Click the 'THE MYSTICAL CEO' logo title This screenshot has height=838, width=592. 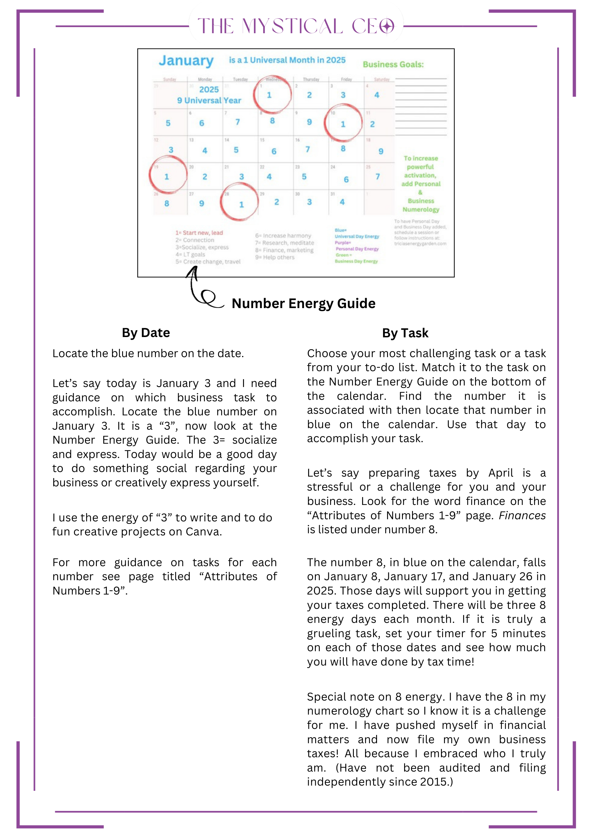pyautogui.click(x=295, y=26)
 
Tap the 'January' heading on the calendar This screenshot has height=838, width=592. pyautogui.click(x=186, y=61)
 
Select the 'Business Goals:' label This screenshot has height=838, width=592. pyautogui.click(x=393, y=65)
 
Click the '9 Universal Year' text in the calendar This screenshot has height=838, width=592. pyautogui.click(x=209, y=100)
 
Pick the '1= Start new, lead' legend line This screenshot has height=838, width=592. pyautogui.click(x=199, y=233)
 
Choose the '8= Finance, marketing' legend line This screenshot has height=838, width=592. pyautogui.click(x=284, y=250)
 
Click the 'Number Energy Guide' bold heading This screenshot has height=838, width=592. pyautogui.click(x=304, y=303)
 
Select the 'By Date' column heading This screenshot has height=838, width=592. pyautogui.click(x=146, y=332)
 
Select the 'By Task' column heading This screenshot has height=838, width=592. pyautogui.click(x=405, y=333)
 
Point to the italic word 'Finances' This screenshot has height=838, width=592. pyautogui.click(x=522, y=515)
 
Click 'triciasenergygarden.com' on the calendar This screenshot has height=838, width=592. pyautogui.click(x=420, y=243)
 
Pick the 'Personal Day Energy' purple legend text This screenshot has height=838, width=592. pyautogui.click(x=357, y=249)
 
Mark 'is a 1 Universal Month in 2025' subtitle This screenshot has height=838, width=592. pyautogui.click(x=287, y=60)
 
